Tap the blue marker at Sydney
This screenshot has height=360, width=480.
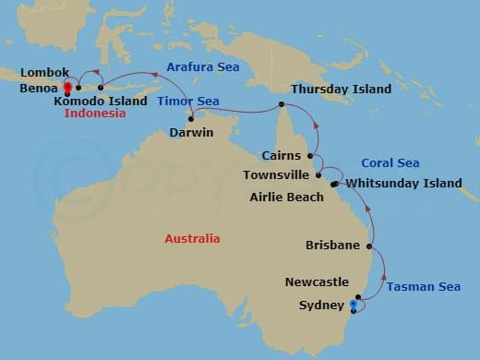click(354, 304)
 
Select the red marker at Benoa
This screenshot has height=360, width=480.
click(67, 91)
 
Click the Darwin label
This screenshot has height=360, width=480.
click(192, 133)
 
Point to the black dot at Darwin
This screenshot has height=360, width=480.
click(191, 118)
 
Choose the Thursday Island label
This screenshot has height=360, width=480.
click(341, 90)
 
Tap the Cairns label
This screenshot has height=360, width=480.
click(282, 156)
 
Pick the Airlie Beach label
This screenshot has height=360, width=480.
click(287, 197)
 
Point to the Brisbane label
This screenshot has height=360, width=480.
click(332, 246)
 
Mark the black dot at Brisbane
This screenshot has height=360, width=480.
click(369, 246)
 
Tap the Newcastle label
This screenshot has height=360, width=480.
click(317, 282)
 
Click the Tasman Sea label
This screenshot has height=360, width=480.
click(423, 287)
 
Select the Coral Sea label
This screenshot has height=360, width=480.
click(390, 163)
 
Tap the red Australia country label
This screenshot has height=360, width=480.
click(192, 238)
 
